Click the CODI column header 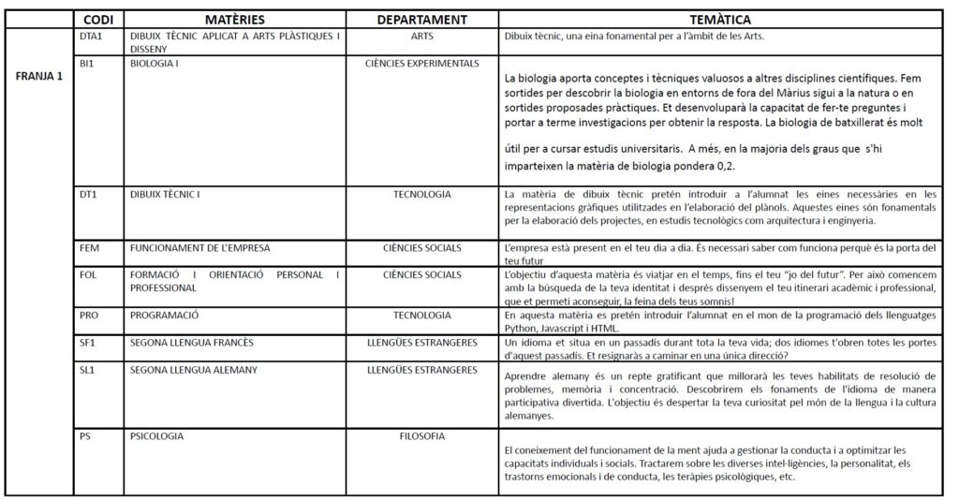[99, 19]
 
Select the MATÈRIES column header [235, 19]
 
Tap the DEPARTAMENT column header [422, 19]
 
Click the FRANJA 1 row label [39, 77]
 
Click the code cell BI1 [88, 64]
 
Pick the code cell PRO [90, 316]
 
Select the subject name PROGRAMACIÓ [165, 316]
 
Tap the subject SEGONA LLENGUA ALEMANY [194, 371]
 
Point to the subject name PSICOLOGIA [157, 435]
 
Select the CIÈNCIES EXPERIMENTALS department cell [422, 64]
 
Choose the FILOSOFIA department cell [422, 435]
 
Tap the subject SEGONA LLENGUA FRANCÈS [192, 344]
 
